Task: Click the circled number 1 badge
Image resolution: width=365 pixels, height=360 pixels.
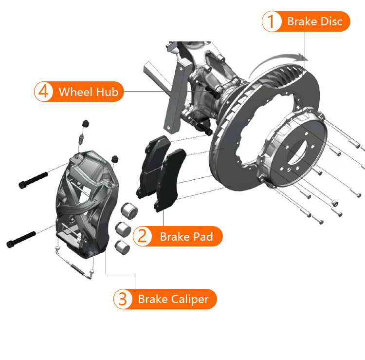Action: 272,21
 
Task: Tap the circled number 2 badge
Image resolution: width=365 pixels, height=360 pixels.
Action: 143,236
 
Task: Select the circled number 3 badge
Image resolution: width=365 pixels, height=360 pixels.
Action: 123,299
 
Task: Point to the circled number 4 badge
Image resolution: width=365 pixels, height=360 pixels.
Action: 43,92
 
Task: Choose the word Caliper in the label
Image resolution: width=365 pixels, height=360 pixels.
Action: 190,300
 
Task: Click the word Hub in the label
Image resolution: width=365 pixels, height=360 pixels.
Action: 108,92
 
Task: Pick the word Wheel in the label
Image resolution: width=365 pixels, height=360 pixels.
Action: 76,92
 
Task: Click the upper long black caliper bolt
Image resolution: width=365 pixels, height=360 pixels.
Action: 33,180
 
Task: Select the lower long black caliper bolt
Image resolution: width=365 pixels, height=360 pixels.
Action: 21,239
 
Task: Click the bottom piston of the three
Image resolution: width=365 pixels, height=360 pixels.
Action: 123,247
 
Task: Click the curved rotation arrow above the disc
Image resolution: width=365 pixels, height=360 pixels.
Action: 277,62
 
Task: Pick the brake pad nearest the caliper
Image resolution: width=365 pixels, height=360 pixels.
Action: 153,167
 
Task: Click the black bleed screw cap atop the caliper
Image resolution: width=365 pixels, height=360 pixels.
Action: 86,123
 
